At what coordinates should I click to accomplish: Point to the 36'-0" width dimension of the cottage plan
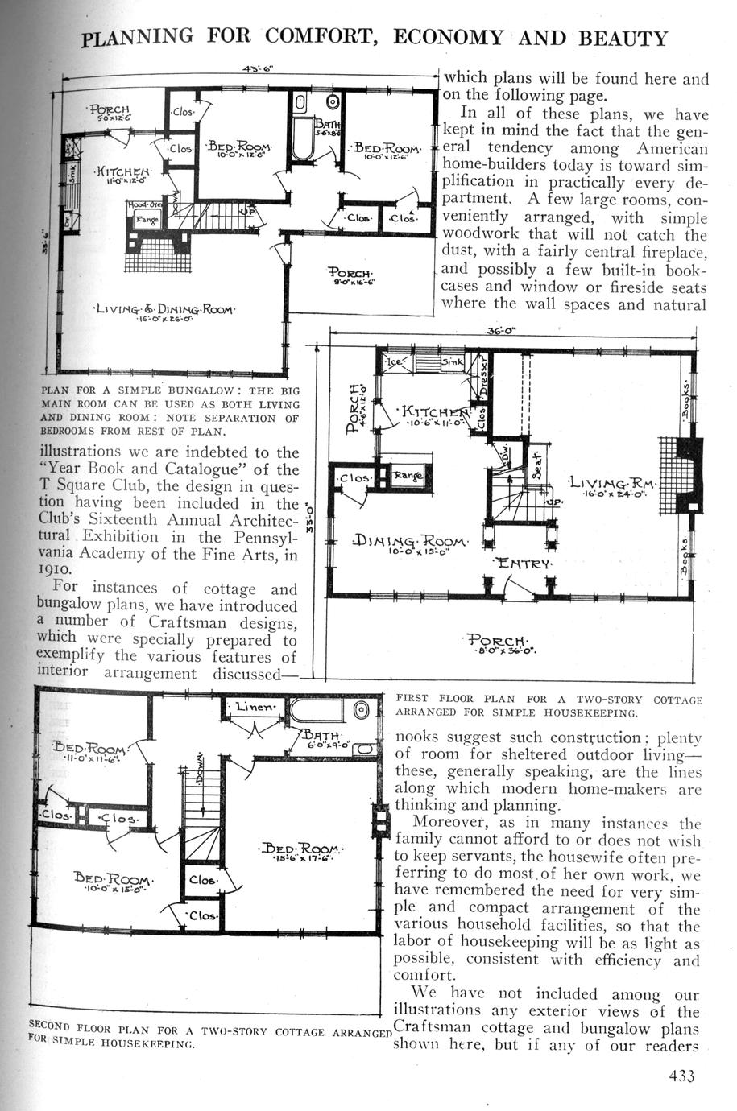click(x=501, y=330)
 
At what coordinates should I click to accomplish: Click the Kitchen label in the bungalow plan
click(x=122, y=171)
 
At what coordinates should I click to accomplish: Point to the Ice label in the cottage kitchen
click(x=397, y=362)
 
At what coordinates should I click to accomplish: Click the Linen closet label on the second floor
click(x=255, y=707)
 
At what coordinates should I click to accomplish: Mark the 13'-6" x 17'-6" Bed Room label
click(x=304, y=851)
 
